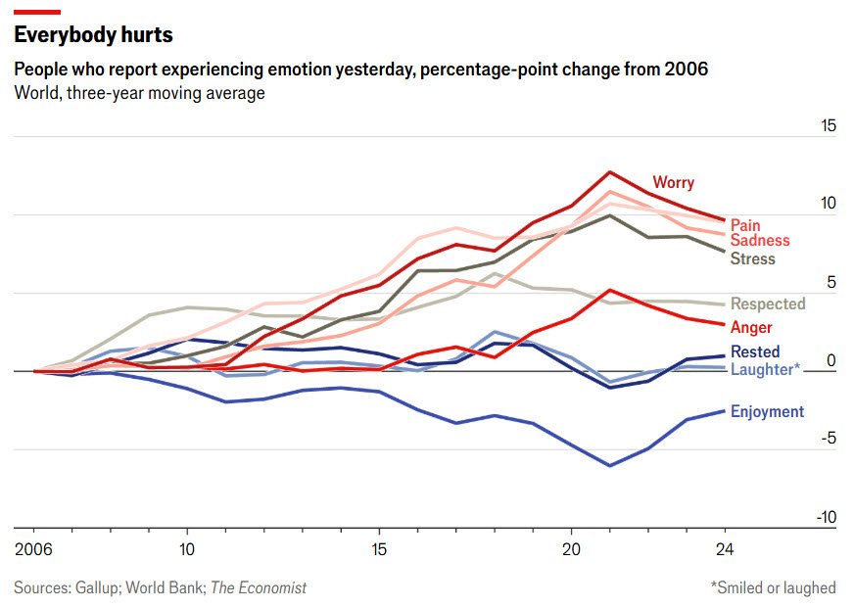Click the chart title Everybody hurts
tap(93, 35)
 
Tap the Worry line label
tap(673, 182)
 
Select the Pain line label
tap(745, 226)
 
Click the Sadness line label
tap(759, 241)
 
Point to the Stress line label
tap(752, 259)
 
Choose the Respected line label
tap(768, 304)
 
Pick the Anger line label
tap(751, 328)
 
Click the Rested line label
tap(755, 352)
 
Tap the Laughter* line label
tap(765, 369)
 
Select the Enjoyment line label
tap(767, 412)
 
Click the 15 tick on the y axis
tap(828, 126)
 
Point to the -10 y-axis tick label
tap(826, 518)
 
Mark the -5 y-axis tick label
tap(828, 440)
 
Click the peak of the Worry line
tap(610, 172)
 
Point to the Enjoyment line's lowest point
tap(610, 465)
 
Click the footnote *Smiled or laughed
tap(773, 588)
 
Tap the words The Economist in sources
tap(259, 588)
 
